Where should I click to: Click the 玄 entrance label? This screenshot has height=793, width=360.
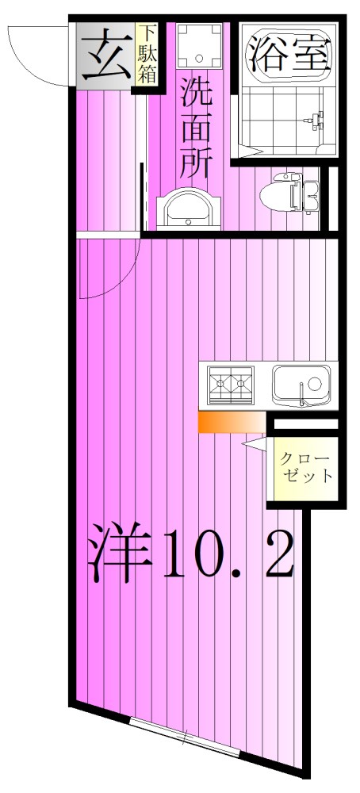pos(105,56)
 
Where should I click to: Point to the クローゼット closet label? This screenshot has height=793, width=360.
pos(305,469)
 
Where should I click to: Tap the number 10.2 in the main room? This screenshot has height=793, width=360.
pos(229,553)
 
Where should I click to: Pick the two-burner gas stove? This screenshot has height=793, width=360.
pos(231,384)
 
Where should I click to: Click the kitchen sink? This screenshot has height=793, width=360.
pos(302,385)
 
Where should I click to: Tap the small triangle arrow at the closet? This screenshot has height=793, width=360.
pos(255,446)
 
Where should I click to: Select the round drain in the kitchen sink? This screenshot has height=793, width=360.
pos(313,383)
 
